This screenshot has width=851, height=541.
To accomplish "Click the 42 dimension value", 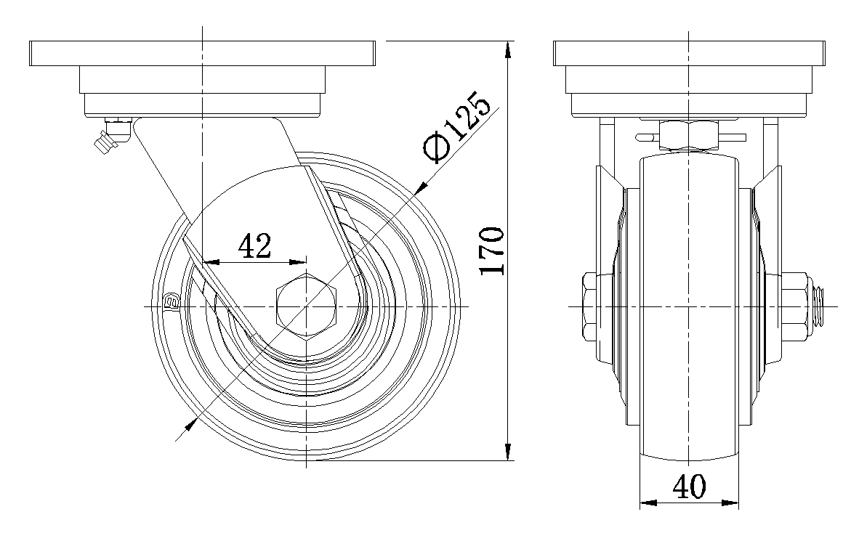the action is coord(254,246).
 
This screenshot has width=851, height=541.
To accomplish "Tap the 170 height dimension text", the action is coord(493,251).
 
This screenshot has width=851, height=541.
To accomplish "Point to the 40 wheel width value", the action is coord(689,487).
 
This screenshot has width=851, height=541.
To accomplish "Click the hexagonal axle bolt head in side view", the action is coord(306,307).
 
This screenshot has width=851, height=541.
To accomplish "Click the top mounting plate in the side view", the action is coord(202,53).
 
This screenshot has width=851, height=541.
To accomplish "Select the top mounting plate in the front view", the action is coord(689,53).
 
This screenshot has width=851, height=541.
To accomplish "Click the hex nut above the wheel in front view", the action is coord(689,136).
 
